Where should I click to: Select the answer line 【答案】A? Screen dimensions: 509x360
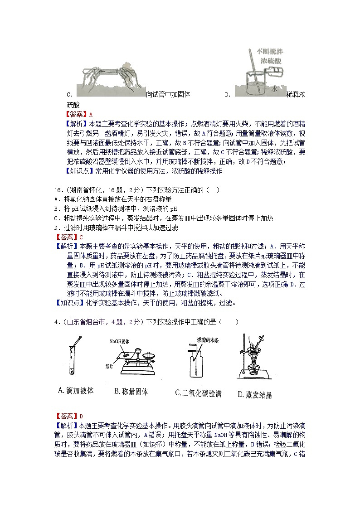(79, 114)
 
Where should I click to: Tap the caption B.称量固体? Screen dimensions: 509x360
(131, 392)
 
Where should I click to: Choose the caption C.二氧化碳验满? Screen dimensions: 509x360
(198, 393)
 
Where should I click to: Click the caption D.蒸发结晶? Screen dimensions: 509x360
(255, 395)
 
